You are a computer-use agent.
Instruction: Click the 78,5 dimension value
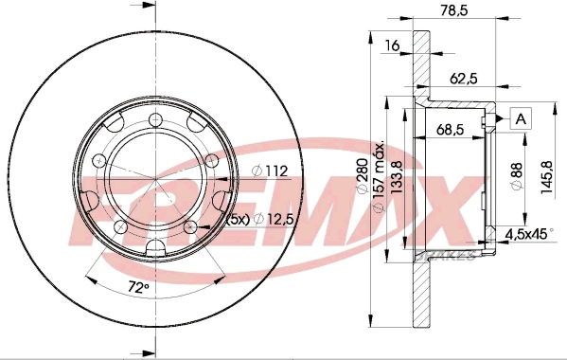[453, 10]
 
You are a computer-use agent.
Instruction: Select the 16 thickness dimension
[392, 45]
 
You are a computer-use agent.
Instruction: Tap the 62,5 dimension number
[464, 78]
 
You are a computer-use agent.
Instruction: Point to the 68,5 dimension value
[450, 129]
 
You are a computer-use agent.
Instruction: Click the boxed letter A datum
[521, 118]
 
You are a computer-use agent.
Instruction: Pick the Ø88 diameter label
[517, 176]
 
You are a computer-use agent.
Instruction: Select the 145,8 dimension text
[547, 177]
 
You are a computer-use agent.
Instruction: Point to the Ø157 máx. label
[378, 177]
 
